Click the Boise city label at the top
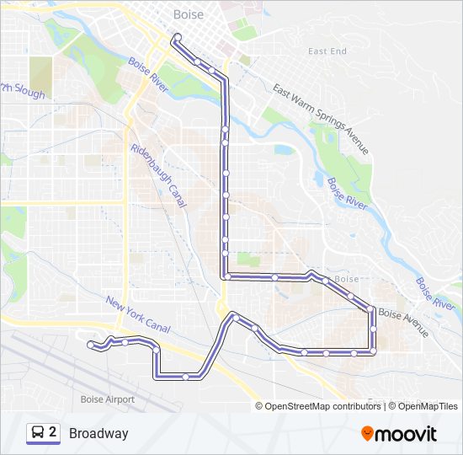pyautogui.click(x=188, y=14)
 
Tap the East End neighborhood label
pyautogui.click(x=327, y=51)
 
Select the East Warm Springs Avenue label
pyautogui.click(x=321, y=119)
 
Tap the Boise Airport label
pyautogui.click(x=107, y=399)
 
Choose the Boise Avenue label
pyautogui.click(x=403, y=323)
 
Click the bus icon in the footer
pyautogui.click(x=38, y=433)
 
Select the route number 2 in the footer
pyautogui.click(x=53, y=432)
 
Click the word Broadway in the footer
pyautogui.click(x=98, y=434)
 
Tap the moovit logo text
pyautogui.click(x=407, y=435)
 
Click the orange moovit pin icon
pyautogui.click(x=368, y=434)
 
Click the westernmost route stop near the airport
pyautogui.click(x=90, y=344)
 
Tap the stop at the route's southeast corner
pyautogui.click(x=372, y=351)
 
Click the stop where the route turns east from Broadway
pyautogui.click(x=226, y=276)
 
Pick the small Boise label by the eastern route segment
pyautogui.click(x=346, y=279)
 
